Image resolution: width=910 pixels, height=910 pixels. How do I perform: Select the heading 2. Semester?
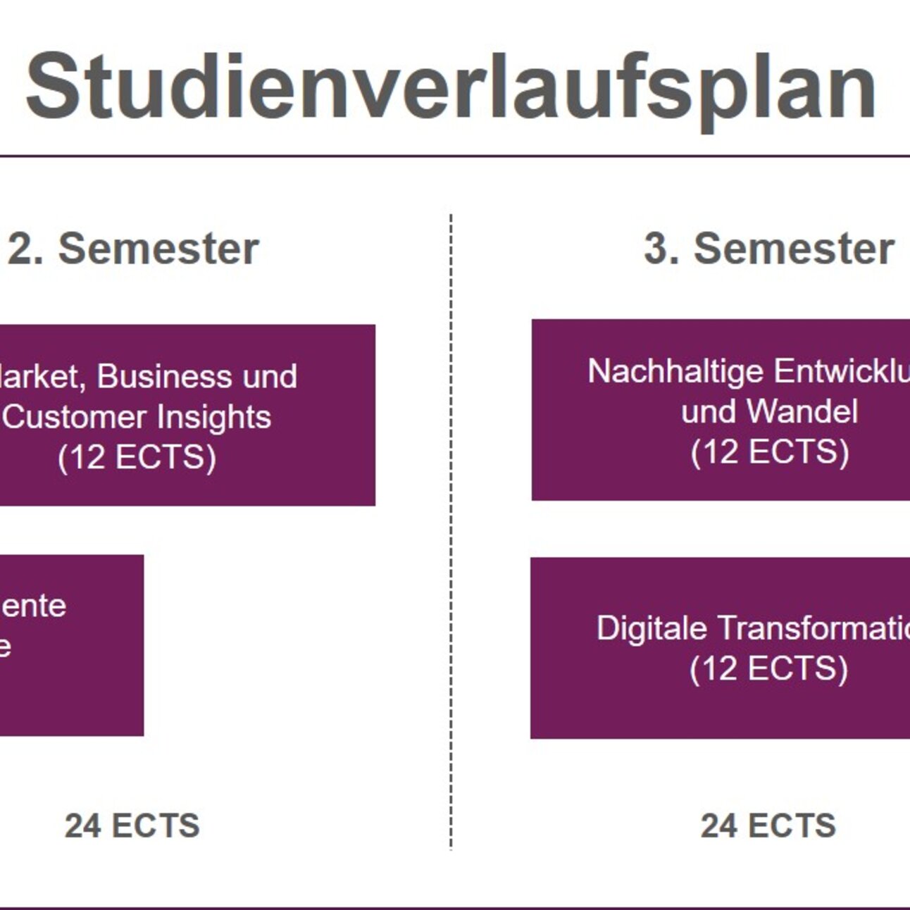(134, 249)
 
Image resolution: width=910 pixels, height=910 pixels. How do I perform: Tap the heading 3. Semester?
(769, 249)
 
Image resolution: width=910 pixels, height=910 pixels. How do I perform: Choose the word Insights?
(214, 416)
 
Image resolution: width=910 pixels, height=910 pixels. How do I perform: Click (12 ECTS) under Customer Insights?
(137, 457)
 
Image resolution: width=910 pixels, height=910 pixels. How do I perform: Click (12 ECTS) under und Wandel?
(769, 451)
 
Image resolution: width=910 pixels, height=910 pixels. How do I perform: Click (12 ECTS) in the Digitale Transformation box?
(768, 668)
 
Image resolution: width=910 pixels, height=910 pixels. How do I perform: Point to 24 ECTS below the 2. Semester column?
(132, 825)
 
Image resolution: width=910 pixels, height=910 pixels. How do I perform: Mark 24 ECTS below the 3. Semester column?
(768, 825)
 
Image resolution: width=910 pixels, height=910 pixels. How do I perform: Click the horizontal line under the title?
(451, 156)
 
